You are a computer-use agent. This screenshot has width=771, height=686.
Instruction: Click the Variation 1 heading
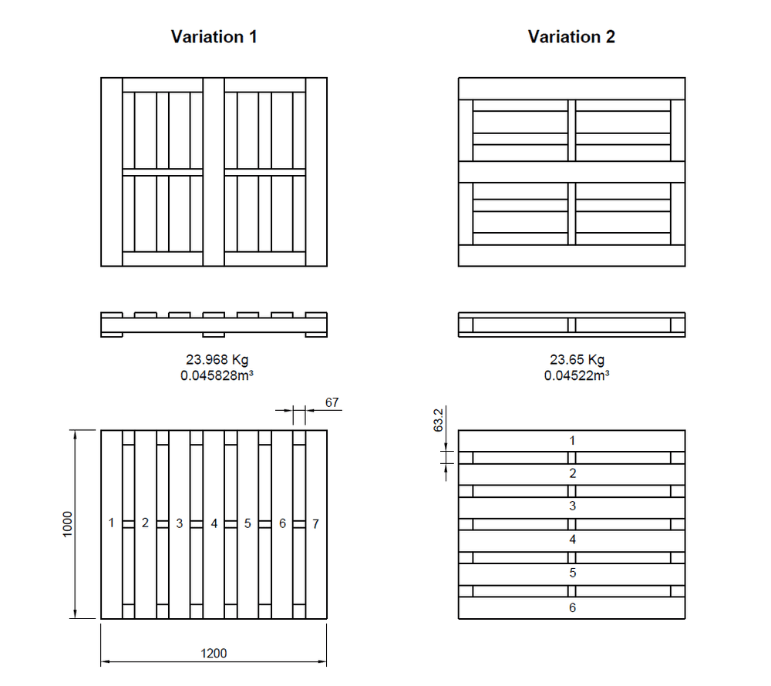[x=214, y=37]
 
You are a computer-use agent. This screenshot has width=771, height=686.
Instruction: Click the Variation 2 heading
[x=571, y=37]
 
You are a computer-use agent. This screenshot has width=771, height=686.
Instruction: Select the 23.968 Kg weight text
[x=216, y=360]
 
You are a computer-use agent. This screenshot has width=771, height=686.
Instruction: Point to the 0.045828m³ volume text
[x=216, y=376]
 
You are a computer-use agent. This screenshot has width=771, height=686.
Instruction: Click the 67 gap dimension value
[x=332, y=402]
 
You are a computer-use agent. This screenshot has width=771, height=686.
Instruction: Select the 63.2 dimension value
[x=439, y=421]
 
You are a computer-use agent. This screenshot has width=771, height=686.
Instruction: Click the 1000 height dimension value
[x=68, y=524]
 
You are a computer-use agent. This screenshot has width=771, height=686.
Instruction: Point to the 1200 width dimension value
[x=214, y=653]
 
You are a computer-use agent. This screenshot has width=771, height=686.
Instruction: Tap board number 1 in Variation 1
[x=112, y=523]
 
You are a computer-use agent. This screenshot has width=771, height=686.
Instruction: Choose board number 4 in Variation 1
[x=214, y=523]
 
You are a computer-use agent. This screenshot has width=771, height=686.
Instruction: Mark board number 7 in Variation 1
[x=316, y=523]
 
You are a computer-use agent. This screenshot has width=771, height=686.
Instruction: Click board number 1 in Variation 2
[x=572, y=441]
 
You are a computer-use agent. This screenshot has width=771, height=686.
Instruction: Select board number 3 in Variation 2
[x=572, y=506]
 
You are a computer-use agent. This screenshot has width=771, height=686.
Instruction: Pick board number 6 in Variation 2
[x=572, y=607]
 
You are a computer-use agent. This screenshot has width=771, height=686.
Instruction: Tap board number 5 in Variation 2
[x=572, y=573]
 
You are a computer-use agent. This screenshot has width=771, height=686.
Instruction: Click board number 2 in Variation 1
[x=145, y=523]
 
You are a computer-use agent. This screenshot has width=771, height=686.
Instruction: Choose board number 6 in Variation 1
[x=282, y=523]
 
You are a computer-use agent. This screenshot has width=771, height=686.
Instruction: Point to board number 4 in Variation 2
[x=572, y=540]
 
